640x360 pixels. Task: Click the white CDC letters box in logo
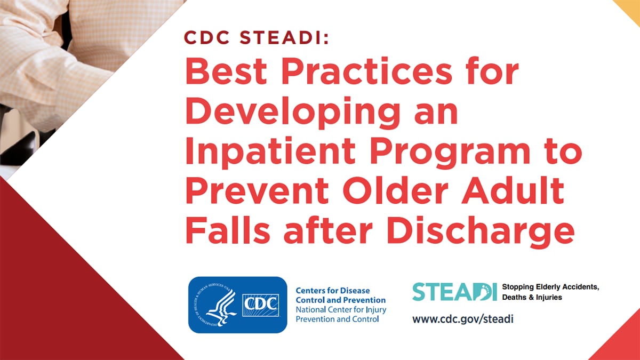tap(260, 305)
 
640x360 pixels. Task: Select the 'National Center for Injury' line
tap(341, 310)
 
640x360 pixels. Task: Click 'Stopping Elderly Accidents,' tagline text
tap(550, 287)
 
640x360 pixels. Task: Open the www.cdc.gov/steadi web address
tap(462, 319)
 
